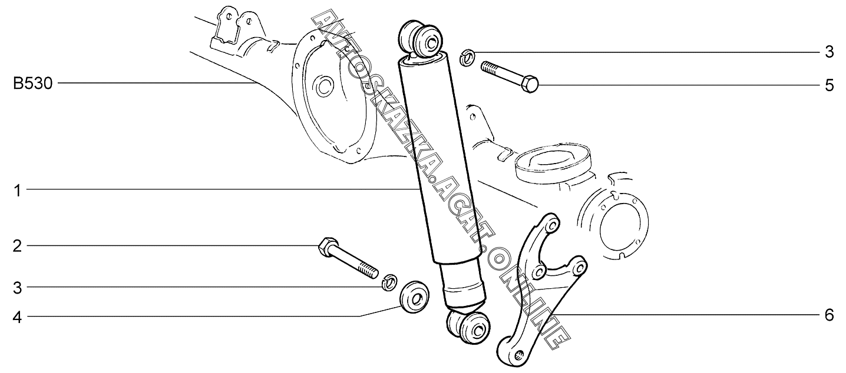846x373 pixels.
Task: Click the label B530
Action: [33, 84]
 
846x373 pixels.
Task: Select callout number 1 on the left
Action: [18, 191]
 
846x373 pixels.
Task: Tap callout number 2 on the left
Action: [18, 246]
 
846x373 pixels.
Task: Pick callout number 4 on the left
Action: [18, 318]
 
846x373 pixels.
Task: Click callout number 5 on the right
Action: [829, 86]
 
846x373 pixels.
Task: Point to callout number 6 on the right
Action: [829, 316]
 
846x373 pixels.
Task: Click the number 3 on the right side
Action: [829, 52]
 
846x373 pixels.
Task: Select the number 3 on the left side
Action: [18, 288]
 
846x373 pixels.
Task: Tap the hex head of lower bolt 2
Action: [326, 247]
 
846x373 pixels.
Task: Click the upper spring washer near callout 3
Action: [465, 58]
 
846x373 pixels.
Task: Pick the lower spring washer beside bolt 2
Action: [388, 281]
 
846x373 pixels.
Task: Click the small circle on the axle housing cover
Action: [323, 88]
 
